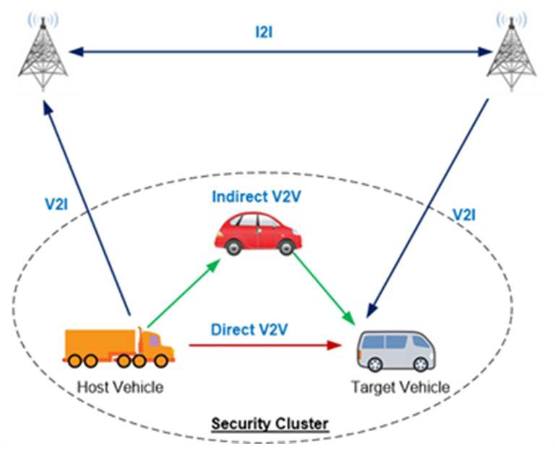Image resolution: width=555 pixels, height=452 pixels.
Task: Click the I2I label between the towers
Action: click(264, 32)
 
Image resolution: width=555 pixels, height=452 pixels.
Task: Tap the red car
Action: click(258, 233)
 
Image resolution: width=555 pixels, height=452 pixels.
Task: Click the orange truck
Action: click(119, 347)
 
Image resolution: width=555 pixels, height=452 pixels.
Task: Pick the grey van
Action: click(396, 351)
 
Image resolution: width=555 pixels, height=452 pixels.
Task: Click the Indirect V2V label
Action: click(257, 196)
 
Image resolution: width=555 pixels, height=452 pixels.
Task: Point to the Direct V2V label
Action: click(249, 330)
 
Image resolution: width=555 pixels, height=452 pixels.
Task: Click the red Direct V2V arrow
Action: click(265, 345)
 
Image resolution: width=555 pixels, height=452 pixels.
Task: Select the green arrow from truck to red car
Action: click(184, 293)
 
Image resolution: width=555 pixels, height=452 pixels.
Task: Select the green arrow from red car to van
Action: click(324, 288)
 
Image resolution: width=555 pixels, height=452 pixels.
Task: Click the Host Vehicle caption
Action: click(121, 387)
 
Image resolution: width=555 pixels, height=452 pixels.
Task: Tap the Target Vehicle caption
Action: click(400, 387)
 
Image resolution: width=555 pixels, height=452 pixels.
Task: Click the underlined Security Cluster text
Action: click(270, 423)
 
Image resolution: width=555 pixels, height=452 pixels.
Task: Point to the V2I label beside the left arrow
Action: click(56, 204)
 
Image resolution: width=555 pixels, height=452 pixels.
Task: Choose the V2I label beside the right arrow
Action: click(465, 214)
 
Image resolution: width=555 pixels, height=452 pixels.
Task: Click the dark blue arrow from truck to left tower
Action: click(87, 208)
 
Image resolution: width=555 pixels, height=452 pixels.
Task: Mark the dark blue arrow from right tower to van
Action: click(428, 209)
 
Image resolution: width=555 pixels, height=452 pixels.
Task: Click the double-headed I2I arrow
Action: click(280, 52)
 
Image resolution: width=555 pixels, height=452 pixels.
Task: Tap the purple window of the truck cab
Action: click(154, 341)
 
